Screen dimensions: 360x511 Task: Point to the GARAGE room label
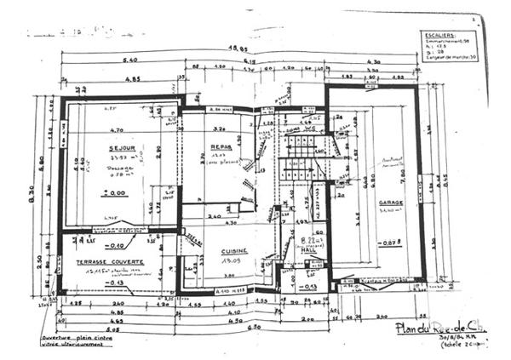click(391, 203)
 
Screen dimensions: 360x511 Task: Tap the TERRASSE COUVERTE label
click(109, 261)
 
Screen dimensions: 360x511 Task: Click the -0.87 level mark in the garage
click(392, 244)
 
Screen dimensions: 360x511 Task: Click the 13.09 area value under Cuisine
click(229, 262)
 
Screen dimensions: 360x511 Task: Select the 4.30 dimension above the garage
click(372, 61)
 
